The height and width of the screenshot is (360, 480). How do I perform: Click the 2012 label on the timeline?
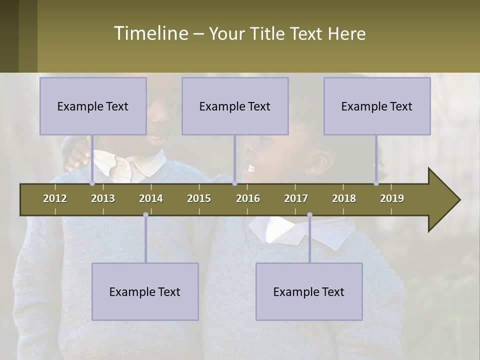coord(55,198)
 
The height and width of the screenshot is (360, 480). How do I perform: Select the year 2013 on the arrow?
coord(103,198)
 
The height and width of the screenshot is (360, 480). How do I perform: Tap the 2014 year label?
coord(151,198)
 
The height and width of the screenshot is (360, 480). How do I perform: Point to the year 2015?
coord(199,198)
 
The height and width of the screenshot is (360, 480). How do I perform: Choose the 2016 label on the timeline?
coord(248,198)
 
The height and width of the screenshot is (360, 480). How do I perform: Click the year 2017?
coord(296,198)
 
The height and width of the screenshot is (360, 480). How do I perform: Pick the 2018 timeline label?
coord(344,198)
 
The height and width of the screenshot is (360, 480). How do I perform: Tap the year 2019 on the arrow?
coord(392,198)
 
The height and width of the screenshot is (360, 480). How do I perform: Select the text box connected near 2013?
coord(93,106)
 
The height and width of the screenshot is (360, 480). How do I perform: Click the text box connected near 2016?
coord(235,106)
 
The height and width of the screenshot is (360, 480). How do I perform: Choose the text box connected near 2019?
coord(377,106)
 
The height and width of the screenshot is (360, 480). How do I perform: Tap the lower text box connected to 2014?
coord(145,291)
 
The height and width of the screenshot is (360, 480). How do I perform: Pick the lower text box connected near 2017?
coord(309,291)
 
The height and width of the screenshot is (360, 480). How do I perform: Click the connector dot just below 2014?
coord(145,215)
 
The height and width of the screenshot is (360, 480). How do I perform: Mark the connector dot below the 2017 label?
coord(309,215)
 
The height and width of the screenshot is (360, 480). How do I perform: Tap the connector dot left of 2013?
coord(92,183)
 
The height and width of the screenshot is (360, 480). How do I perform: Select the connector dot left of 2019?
coord(376,183)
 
